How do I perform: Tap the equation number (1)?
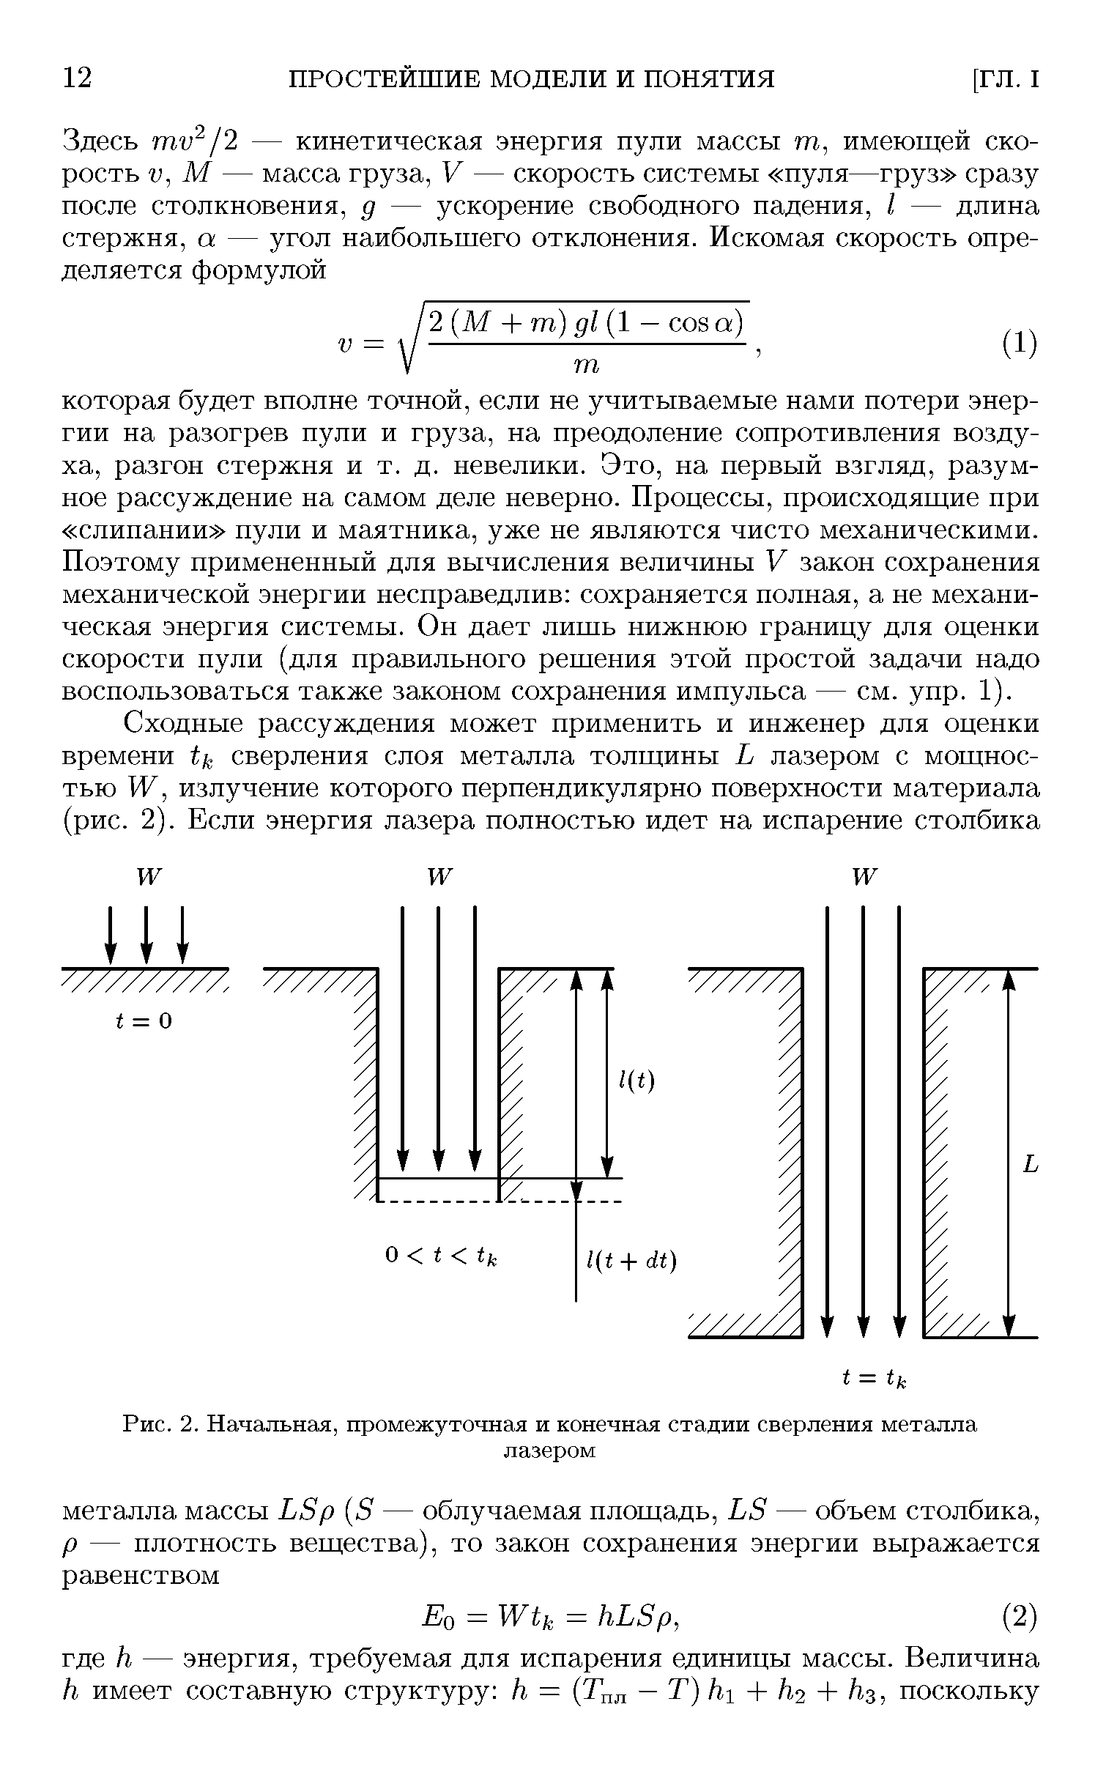[x=1019, y=342]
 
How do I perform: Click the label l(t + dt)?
[x=631, y=1262]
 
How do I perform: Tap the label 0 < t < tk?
[x=441, y=1256]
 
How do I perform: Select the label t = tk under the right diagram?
[x=875, y=1379]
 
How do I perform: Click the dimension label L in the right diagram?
[x=1031, y=1164]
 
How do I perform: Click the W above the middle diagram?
[x=439, y=877]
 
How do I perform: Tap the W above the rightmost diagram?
[x=864, y=877]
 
